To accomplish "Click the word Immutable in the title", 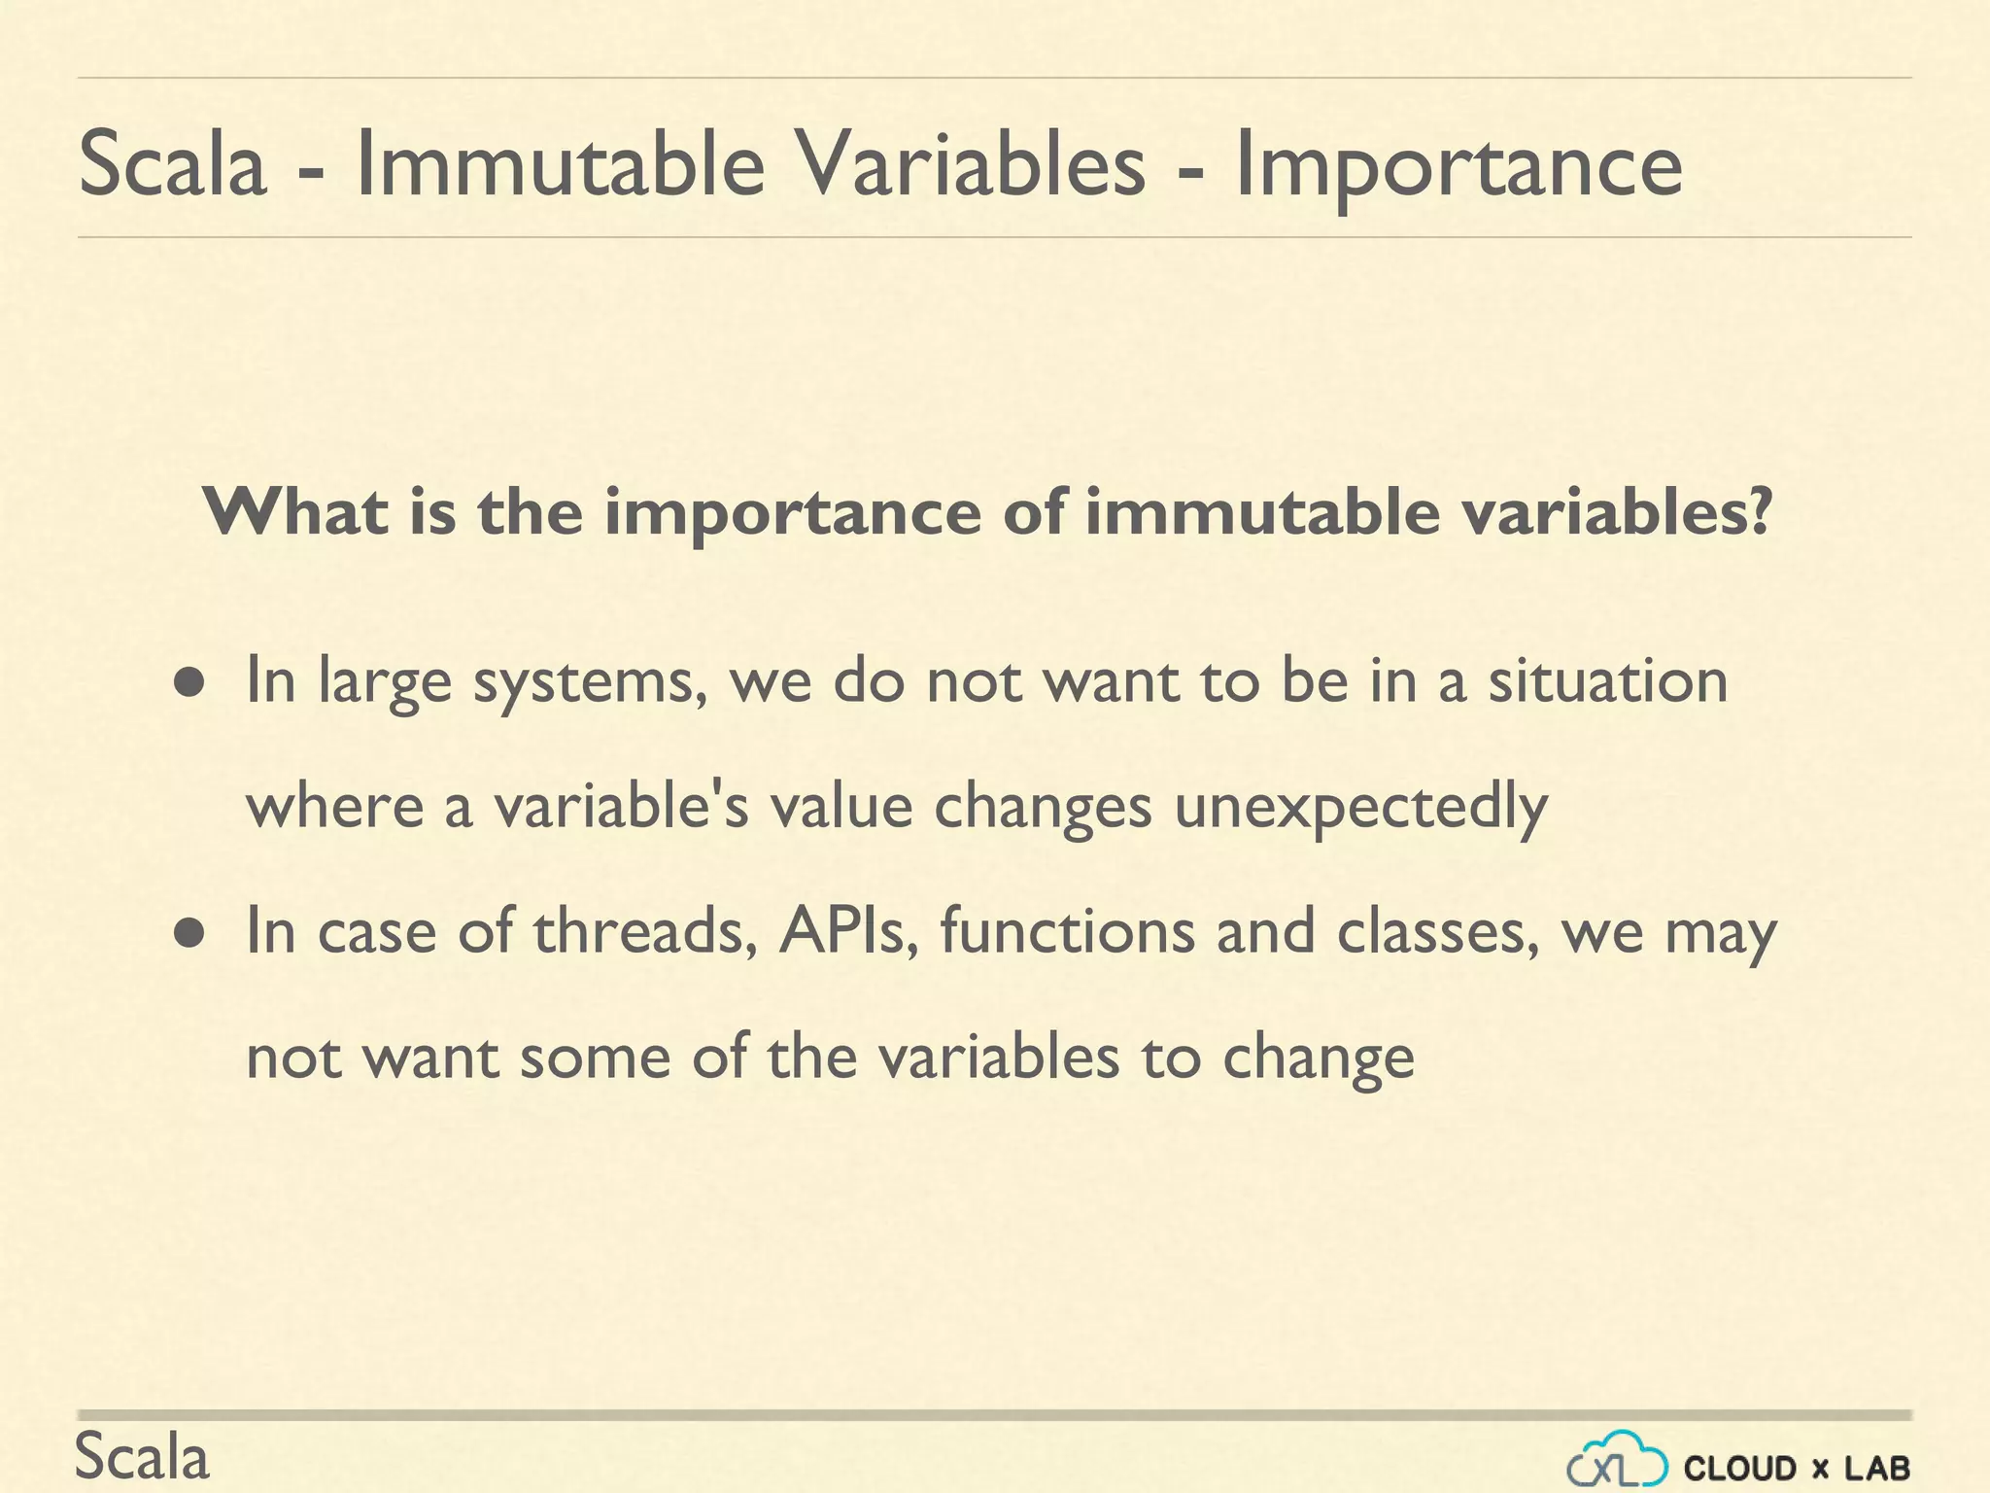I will click(561, 165).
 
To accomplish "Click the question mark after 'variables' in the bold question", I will click(1762, 511).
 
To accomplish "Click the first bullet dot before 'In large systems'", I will click(189, 682).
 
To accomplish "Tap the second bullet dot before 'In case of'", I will click(189, 933).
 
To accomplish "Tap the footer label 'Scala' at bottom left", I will click(142, 1458).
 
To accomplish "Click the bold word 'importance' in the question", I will click(792, 513).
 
